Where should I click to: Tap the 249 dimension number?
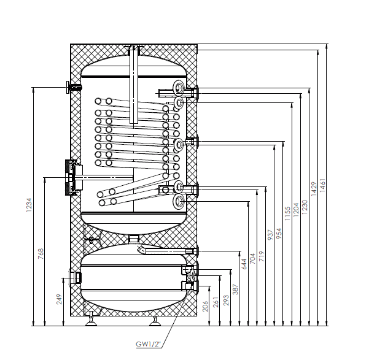click(60, 299)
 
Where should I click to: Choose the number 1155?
click(287, 212)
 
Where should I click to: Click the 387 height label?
click(234, 288)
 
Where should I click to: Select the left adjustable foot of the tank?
click(91, 318)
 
